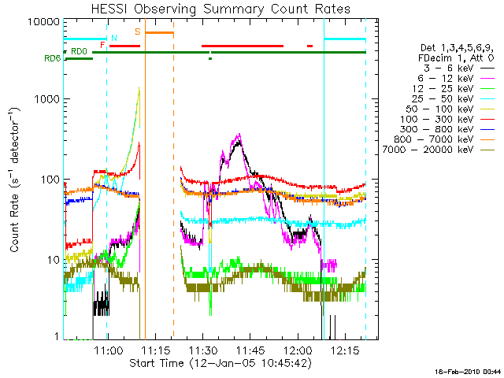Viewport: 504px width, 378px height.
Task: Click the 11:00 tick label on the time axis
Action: coord(107,350)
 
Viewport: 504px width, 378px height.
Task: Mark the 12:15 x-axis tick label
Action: coord(346,350)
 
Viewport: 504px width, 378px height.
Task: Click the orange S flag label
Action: coord(138,31)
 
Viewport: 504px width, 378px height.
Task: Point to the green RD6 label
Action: coord(52,58)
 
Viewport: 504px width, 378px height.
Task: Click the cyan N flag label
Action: coord(114,37)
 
